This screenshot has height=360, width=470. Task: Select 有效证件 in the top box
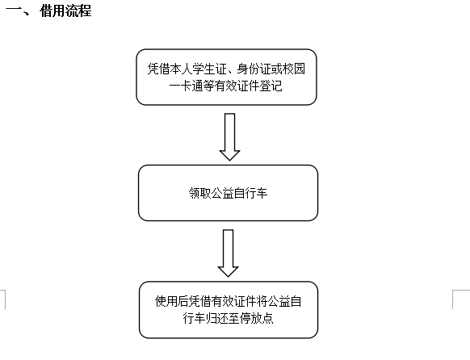(x=234, y=86)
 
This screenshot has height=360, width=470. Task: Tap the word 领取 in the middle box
(x=197, y=194)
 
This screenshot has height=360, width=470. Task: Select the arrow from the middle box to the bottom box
(x=229, y=253)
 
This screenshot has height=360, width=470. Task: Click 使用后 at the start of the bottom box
(x=168, y=303)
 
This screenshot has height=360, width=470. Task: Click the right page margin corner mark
(x=464, y=296)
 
